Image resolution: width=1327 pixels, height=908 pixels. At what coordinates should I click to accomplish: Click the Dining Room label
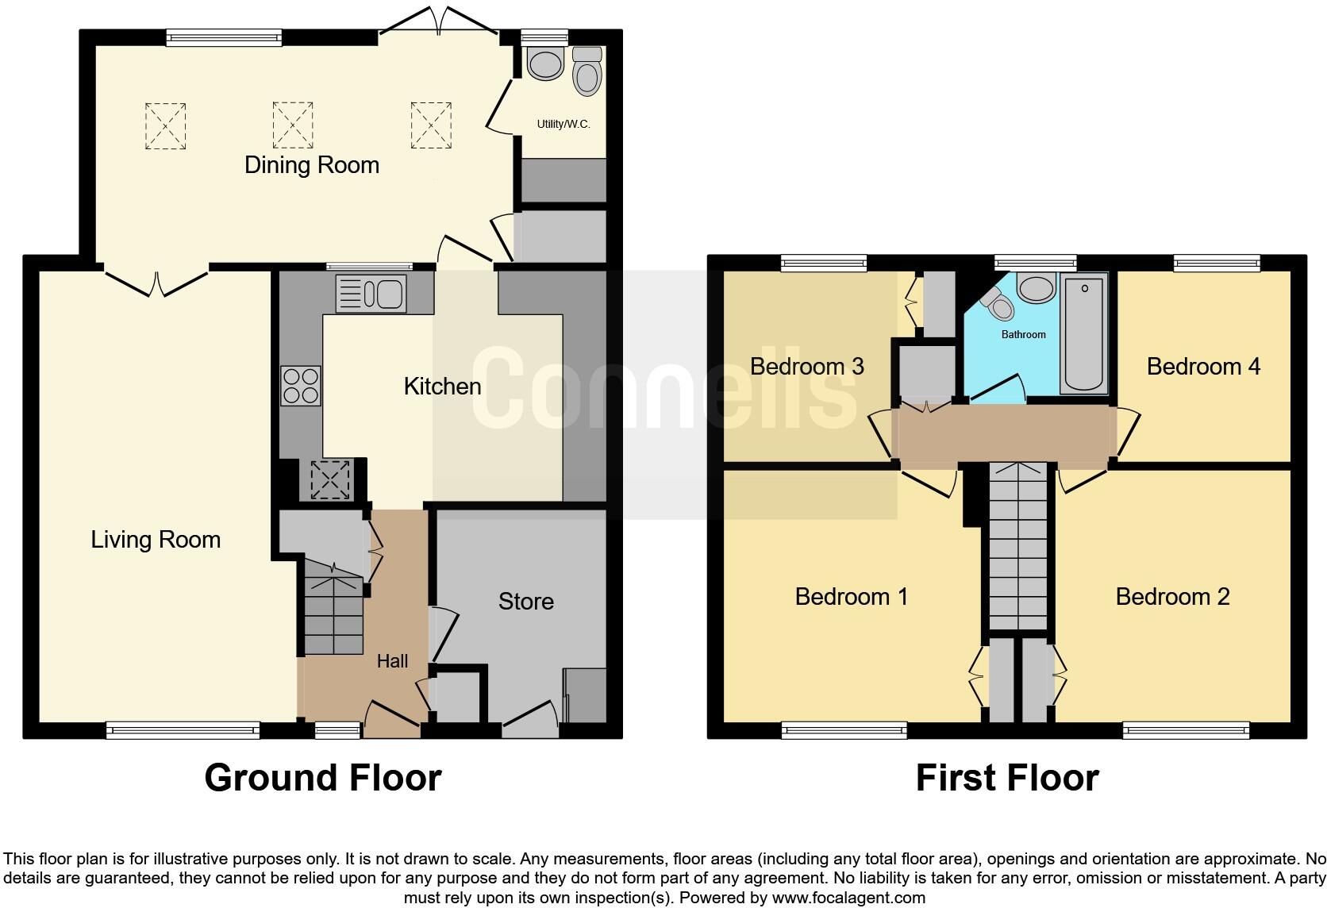click(311, 165)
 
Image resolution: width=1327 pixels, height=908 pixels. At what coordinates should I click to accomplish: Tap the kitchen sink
click(371, 294)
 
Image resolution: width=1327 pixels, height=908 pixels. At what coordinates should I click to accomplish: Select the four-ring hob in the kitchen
click(301, 386)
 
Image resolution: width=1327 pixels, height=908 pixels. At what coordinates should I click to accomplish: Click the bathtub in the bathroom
click(1084, 334)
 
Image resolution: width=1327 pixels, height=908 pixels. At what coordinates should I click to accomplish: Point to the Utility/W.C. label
click(563, 125)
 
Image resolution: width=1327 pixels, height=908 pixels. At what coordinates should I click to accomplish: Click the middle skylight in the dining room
click(293, 125)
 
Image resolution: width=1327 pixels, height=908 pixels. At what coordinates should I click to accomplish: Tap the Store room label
click(525, 602)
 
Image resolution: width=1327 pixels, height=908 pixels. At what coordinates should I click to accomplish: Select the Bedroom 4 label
click(1203, 367)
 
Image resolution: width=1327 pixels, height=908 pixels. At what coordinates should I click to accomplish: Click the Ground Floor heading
click(322, 778)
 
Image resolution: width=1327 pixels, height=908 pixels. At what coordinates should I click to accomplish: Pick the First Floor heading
click(1007, 778)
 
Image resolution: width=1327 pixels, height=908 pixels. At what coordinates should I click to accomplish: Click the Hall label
click(392, 661)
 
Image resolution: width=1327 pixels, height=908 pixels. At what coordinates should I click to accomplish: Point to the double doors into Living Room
click(156, 283)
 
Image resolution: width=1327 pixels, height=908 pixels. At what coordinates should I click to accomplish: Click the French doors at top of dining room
click(440, 20)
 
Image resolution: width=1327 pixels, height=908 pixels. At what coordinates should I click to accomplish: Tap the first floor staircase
click(1020, 548)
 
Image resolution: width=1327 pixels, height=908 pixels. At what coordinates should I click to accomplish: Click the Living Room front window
click(183, 729)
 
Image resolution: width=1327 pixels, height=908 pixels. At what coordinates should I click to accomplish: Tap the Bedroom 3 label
click(806, 367)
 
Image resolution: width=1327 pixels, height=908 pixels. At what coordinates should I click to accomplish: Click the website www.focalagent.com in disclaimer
click(848, 898)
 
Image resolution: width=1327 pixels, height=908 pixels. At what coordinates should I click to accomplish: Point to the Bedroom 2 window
click(1186, 729)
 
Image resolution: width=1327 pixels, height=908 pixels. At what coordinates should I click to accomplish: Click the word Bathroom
click(1023, 335)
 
